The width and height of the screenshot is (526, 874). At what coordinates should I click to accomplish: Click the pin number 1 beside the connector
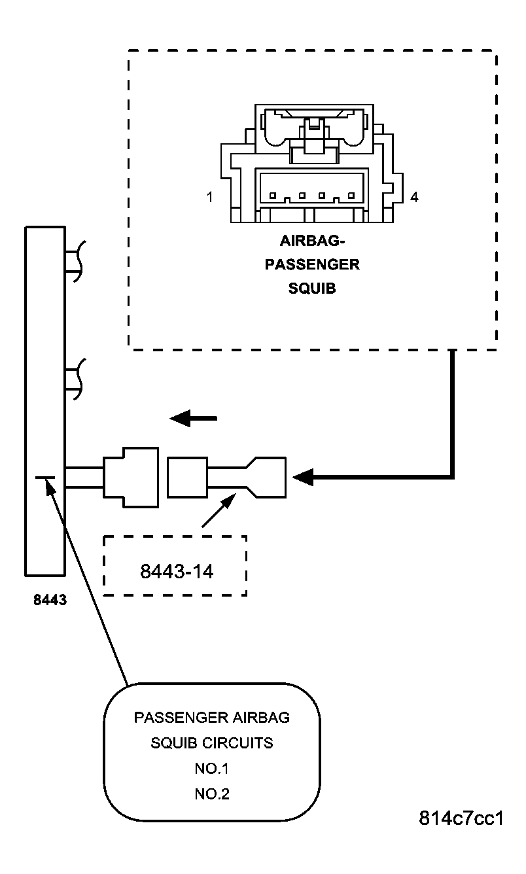209,196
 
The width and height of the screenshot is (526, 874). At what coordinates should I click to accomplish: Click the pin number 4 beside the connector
414,196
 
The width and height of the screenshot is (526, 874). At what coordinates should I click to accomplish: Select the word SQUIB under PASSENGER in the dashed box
311,288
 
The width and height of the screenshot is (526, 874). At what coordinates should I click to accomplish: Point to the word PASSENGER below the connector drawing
311,264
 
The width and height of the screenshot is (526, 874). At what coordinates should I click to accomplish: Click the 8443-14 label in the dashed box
177,571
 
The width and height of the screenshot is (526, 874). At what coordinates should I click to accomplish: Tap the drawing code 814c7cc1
461,818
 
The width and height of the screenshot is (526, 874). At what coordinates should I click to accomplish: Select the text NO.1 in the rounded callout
211,769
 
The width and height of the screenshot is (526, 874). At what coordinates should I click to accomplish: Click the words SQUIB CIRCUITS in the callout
211,743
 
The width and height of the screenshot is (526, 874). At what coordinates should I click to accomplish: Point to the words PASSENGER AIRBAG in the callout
211,718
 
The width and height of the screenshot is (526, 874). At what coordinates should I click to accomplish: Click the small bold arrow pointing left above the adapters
192,418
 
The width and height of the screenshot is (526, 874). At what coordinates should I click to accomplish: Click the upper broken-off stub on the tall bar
76,261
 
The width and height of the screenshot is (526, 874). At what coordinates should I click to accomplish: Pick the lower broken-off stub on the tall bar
76,379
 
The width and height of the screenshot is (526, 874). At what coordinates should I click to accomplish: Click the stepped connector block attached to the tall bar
131,477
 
